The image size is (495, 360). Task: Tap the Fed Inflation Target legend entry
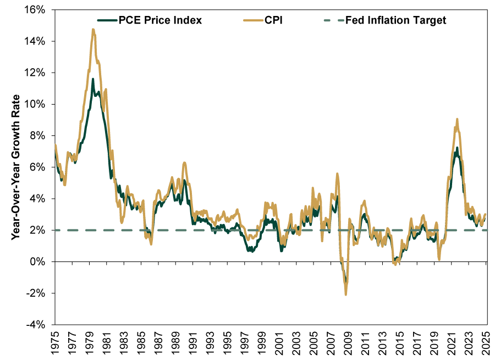point(395,21)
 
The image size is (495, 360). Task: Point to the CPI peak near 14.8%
point(93,29)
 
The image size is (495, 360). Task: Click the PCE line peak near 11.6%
point(92,79)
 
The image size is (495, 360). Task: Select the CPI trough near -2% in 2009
point(346,294)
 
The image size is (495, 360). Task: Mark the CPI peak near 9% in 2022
point(457,119)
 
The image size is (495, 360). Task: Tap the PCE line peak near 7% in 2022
point(457,148)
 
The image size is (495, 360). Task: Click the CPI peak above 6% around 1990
point(184,162)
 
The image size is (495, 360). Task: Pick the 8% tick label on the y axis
point(43,135)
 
